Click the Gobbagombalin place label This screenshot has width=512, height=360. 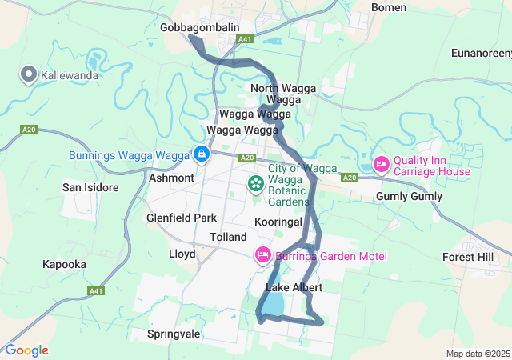pos(199,27)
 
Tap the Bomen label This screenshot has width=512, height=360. pos(389,7)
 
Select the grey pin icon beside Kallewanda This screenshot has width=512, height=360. pos(29,75)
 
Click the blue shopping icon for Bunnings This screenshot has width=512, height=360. pos(201,154)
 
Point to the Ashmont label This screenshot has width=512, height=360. pos(172,178)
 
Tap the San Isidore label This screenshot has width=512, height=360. pos(90,187)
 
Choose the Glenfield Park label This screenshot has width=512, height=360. pos(182,218)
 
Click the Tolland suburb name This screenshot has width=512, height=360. pos(227,238)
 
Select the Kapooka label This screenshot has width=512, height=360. pos(66,263)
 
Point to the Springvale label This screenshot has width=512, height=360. pos(173,333)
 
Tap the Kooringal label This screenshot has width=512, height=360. pos(278,220)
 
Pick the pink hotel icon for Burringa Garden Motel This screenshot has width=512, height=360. pos(262,256)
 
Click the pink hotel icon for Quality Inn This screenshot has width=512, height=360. pos(381,165)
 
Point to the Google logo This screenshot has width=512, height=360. pos(26,350)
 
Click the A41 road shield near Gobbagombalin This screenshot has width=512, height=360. pos(246,38)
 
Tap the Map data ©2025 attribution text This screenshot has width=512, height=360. pos(477,354)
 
